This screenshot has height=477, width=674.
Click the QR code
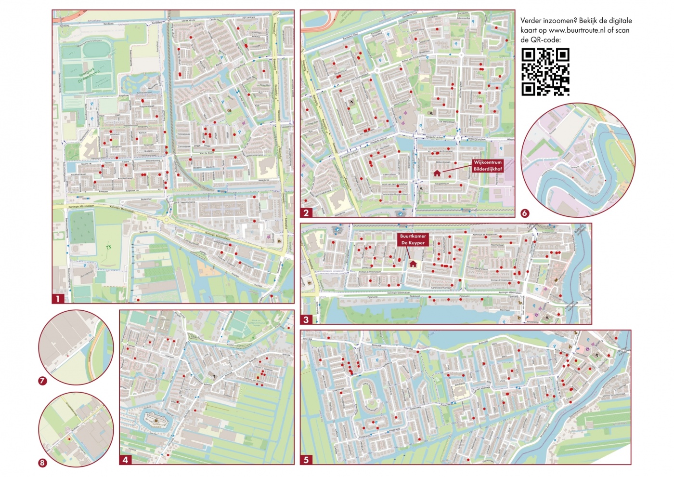(x=545, y=72)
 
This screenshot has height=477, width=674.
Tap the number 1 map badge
(x=58, y=299)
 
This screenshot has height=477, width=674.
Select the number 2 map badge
(x=306, y=212)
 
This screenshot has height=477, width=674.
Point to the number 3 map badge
(x=306, y=319)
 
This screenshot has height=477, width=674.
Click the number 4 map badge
(x=125, y=460)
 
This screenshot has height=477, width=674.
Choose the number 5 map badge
(x=306, y=460)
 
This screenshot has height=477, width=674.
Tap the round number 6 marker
(x=525, y=213)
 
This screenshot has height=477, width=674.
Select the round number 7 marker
(x=42, y=381)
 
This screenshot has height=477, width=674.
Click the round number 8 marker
(x=42, y=463)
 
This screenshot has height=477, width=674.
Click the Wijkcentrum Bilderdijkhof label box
(x=487, y=166)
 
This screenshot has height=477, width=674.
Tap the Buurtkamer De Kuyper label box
(x=413, y=239)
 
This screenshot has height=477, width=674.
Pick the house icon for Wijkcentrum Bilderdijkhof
(x=437, y=173)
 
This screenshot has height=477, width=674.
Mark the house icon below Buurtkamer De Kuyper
(x=413, y=264)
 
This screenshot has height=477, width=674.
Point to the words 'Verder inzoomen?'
(x=548, y=21)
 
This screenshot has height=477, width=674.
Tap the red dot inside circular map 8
(x=69, y=439)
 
